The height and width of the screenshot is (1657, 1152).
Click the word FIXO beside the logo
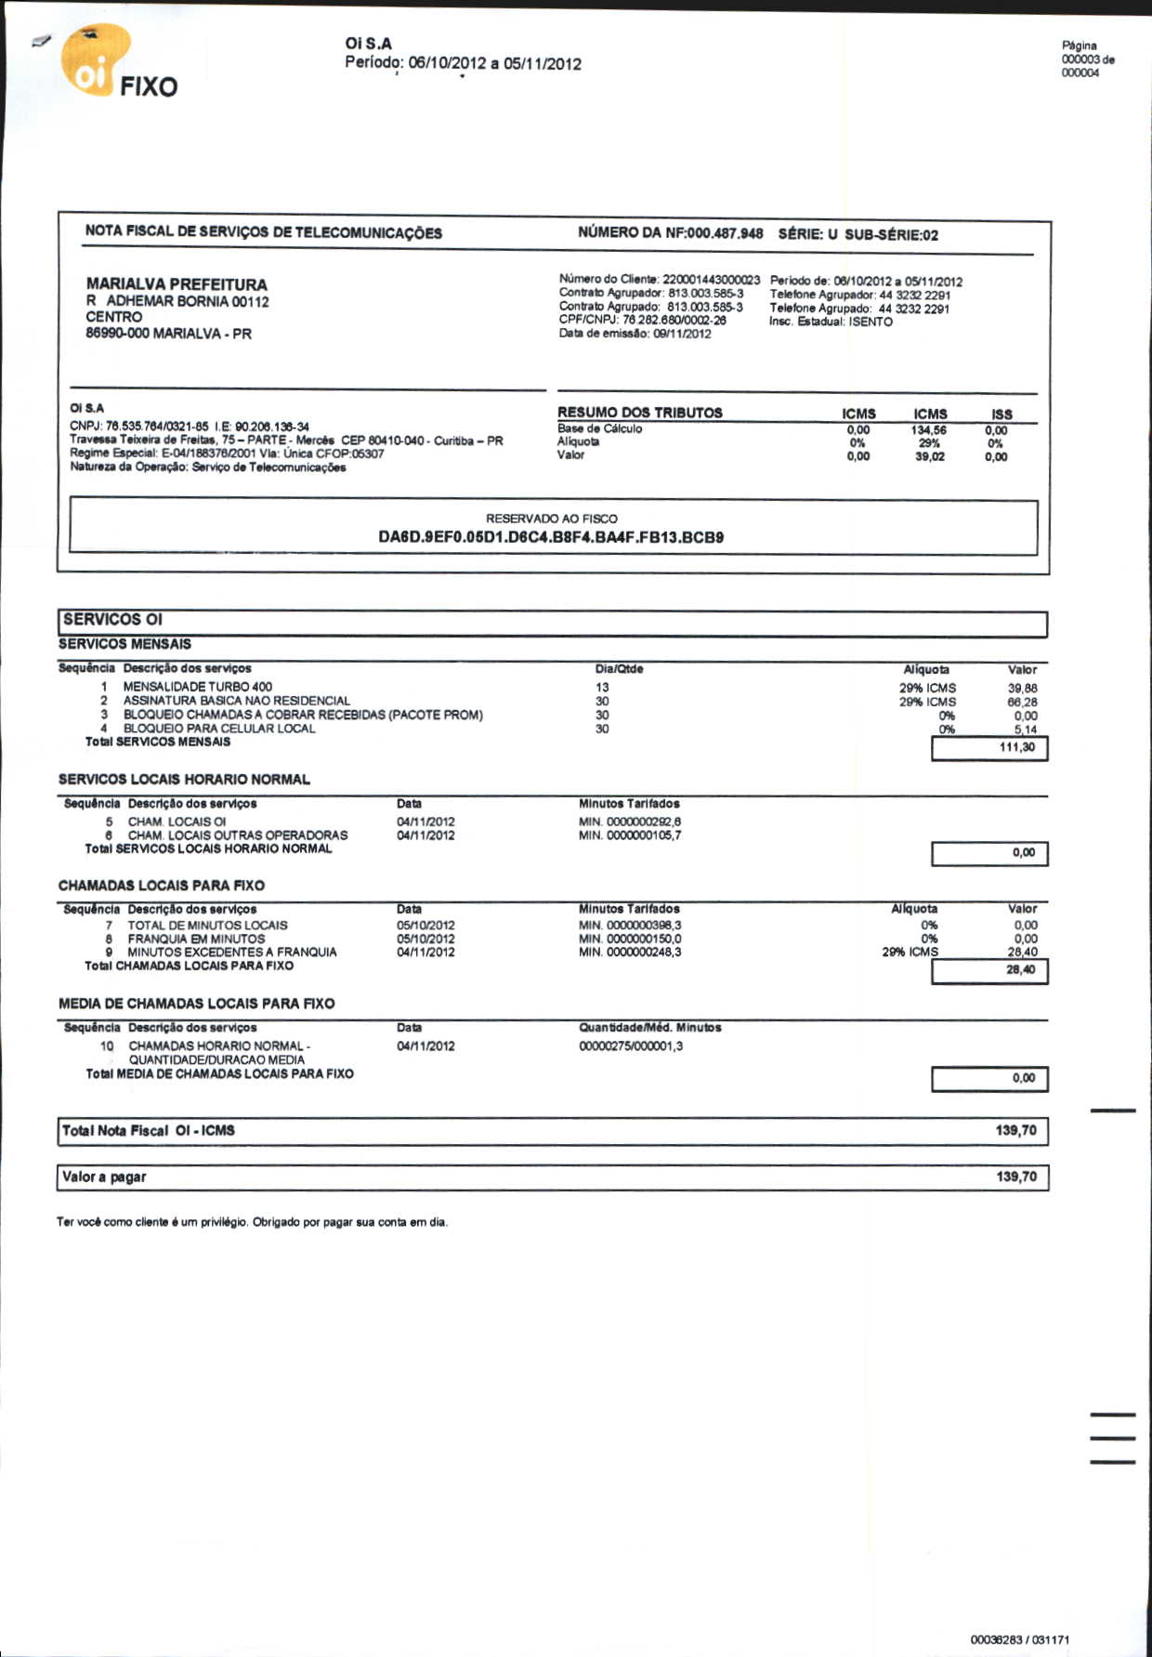pyautogui.click(x=148, y=87)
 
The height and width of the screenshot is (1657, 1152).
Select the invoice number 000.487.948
pyautogui.click(x=725, y=233)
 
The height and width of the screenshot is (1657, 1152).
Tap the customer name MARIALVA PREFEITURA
pyautogui.click(x=177, y=284)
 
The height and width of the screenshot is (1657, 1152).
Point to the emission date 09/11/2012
pyautogui.click(x=683, y=334)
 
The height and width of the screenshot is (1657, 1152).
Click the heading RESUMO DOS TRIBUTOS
pyautogui.click(x=639, y=413)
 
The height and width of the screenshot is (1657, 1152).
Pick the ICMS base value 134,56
pyautogui.click(x=928, y=430)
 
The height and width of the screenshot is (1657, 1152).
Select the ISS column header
pyautogui.click(x=1001, y=414)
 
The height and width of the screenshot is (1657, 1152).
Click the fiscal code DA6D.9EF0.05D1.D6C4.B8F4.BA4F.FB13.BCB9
pyautogui.click(x=551, y=537)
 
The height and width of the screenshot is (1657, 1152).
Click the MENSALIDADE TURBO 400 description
pyautogui.click(x=198, y=687)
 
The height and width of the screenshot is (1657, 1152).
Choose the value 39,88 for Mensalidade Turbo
pyautogui.click(x=1022, y=689)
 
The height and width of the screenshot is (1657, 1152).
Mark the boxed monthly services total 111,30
pyautogui.click(x=1017, y=747)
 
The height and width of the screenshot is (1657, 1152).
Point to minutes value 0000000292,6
pyautogui.click(x=644, y=822)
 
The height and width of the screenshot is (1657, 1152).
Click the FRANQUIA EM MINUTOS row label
pyautogui.click(x=196, y=939)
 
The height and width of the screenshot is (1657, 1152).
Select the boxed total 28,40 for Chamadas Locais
pyautogui.click(x=1020, y=970)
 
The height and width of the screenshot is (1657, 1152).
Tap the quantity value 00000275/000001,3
pyautogui.click(x=631, y=1046)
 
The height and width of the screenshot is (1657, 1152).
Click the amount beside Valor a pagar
pyautogui.click(x=1016, y=1177)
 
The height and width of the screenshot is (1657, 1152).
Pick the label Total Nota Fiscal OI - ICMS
pyautogui.click(x=149, y=1131)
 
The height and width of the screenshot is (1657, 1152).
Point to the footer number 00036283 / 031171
pyautogui.click(x=1019, y=1640)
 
